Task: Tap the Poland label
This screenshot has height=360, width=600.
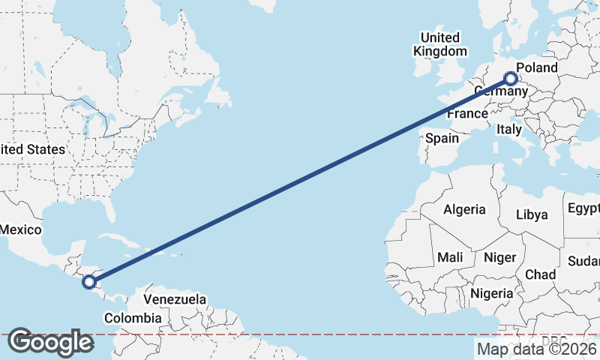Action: [537, 68]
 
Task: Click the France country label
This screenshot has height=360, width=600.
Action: [467, 114]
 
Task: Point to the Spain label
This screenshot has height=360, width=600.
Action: [442, 138]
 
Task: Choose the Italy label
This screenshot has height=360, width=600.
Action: [509, 130]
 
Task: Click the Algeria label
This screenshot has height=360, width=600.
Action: [464, 210]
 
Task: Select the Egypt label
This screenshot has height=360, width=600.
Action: [583, 208]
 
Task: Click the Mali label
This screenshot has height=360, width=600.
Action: [450, 257]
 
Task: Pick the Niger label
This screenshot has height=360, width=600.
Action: [499, 257]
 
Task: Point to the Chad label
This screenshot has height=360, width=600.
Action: [541, 274]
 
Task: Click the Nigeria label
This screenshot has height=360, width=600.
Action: [493, 293]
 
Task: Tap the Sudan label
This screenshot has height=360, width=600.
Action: [583, 261]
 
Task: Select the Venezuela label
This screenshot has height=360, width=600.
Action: [175, 299]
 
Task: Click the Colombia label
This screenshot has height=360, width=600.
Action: [133, 318]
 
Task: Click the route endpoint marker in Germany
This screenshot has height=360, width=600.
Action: [511, 78]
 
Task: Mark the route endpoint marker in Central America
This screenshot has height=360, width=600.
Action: [89, 282]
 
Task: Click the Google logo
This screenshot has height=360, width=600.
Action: [50, 342]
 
